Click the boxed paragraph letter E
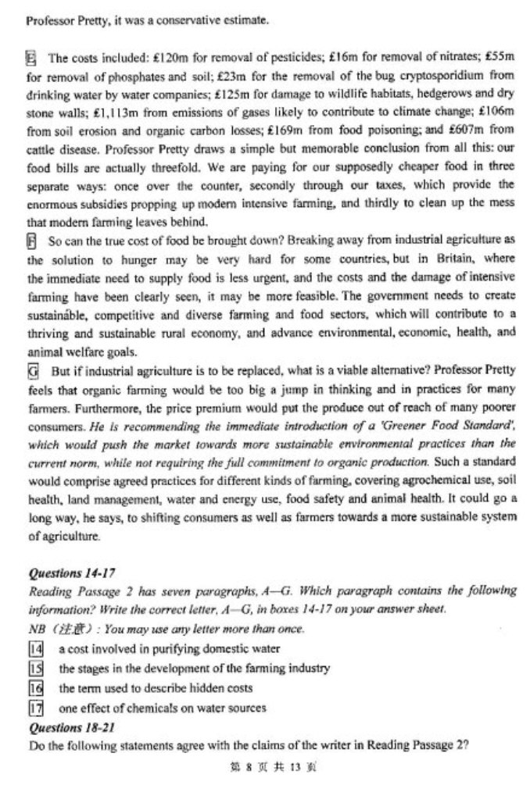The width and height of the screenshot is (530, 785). coord(32,57)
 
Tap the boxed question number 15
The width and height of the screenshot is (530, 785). coord(34,669)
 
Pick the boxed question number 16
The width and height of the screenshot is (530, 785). coord(34,688)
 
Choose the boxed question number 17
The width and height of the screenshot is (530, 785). coord(34,708)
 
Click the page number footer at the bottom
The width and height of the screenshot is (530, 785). coord(266,767)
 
